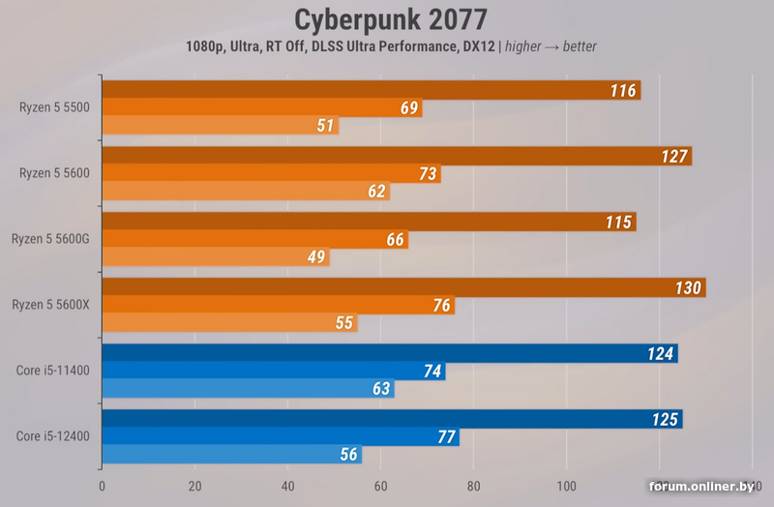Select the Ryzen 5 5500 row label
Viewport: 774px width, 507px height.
click(54, 107)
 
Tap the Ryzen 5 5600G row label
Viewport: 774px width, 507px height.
click(50, 238)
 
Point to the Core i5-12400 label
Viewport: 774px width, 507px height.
click(52, 435)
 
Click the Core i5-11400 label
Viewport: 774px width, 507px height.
click(52, 370)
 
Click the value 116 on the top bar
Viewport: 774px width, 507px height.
click(623, 91)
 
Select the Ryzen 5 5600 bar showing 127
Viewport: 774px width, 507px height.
click(397, 157)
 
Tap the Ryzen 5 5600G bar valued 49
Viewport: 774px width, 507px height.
click(215, 256)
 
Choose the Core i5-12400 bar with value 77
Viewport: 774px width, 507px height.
click(281, 436)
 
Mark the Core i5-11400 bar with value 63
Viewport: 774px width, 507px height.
click(248, 388)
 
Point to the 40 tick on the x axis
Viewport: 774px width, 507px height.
click(287, 485)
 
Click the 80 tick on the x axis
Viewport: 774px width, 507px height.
click(473, 485)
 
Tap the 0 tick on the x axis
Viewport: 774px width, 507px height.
click(102, 485)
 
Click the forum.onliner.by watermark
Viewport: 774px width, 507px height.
click(701, 485)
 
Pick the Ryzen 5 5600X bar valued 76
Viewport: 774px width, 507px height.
click(278, 305)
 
